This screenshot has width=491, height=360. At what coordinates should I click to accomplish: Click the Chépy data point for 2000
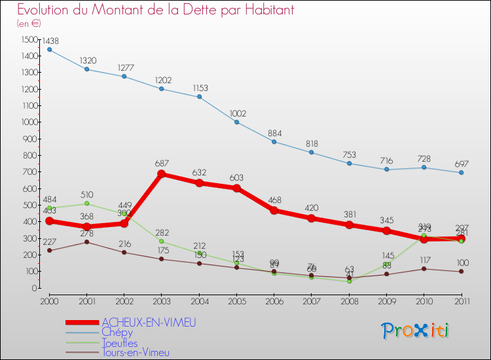tap(49, 50)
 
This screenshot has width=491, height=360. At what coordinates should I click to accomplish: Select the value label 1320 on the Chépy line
tap(88, 61)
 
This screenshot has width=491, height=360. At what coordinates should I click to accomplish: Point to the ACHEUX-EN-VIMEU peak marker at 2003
tap(162, 174)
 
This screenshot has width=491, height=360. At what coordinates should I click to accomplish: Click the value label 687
tap(162, 163)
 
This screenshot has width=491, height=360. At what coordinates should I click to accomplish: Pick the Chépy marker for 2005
tap(237, 122)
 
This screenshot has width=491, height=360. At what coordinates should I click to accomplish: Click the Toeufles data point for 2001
tap(86, 204)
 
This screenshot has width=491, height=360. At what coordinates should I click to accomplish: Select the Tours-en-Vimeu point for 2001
tap(86, 242)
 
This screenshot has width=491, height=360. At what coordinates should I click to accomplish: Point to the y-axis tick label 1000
tap(29, 122)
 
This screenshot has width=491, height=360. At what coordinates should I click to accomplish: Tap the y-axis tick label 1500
tap(29, 39)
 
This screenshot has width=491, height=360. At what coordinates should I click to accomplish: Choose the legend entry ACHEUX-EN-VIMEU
tap(149, 323)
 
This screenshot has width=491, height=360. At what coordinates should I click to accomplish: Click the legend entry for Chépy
tap(117, 333)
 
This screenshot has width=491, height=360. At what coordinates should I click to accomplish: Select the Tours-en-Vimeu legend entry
tap(136, 353)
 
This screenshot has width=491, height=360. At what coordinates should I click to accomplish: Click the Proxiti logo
tap(416, 331)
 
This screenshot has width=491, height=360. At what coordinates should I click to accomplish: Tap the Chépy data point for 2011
tap(462, 173)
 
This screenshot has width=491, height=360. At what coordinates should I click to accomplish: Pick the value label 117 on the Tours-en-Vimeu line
tap(425, 260)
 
